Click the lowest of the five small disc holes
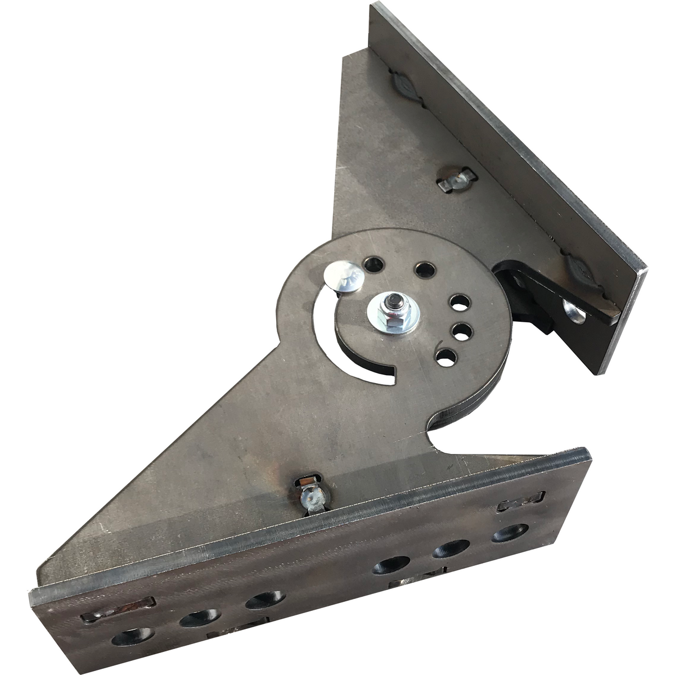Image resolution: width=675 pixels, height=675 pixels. point(446,357)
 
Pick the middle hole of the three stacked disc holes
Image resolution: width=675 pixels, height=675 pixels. point(461,332)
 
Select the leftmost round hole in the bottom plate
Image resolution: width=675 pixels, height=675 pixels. point(133,636)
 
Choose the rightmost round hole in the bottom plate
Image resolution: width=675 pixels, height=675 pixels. point(510,532)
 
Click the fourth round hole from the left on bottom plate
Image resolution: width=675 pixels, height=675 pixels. point(391,565)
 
